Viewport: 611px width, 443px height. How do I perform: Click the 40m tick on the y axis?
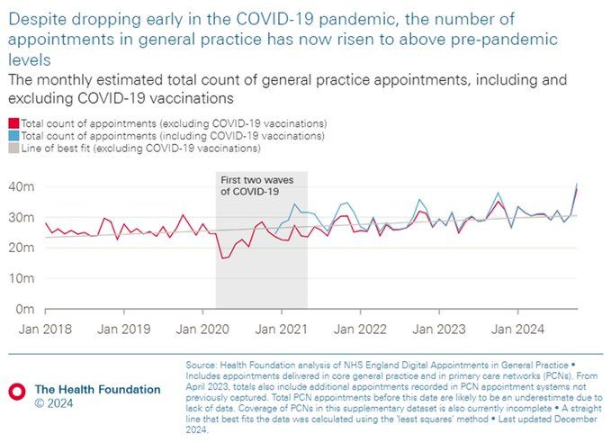[20, 186]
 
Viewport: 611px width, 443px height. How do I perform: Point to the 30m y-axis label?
[20, 217]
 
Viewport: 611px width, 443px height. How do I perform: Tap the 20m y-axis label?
[20, 248]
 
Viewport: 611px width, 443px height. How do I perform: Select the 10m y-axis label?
[20, 278]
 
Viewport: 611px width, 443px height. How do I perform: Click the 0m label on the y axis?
[23, 309]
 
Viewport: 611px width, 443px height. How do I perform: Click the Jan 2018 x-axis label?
[45, 330]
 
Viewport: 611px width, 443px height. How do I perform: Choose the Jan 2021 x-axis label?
[282, 330]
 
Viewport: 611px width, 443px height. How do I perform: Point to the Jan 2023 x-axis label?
[439, 330]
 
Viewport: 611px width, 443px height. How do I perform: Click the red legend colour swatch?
[13, 122]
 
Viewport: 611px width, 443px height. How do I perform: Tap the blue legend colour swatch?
[13, 135]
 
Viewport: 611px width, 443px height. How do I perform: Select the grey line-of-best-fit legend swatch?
[13, 148]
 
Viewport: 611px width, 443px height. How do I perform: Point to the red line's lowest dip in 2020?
[222, 258]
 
